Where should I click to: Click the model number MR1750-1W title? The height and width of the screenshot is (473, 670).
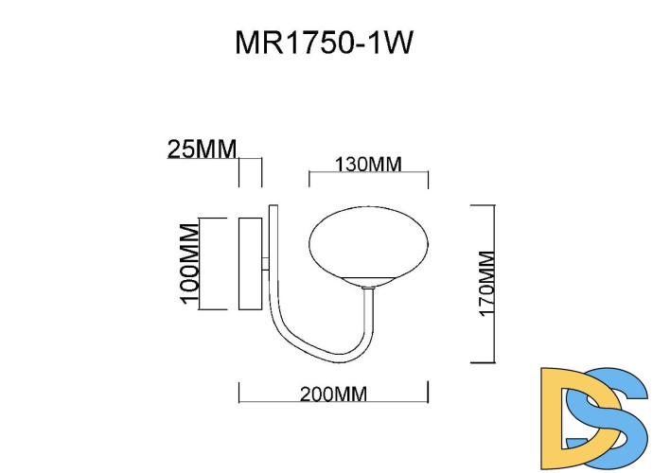coord(325,44)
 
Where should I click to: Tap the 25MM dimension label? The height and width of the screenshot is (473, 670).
coord(202,149)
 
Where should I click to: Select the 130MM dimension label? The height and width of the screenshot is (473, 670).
coord(368,164)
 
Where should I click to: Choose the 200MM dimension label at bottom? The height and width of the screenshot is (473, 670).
coord(333,394)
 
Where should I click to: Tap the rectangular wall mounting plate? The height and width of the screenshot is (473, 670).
coord(251,263)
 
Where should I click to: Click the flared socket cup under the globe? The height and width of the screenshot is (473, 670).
coord(370,283)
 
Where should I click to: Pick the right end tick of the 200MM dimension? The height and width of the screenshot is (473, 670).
coord(429,392)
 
